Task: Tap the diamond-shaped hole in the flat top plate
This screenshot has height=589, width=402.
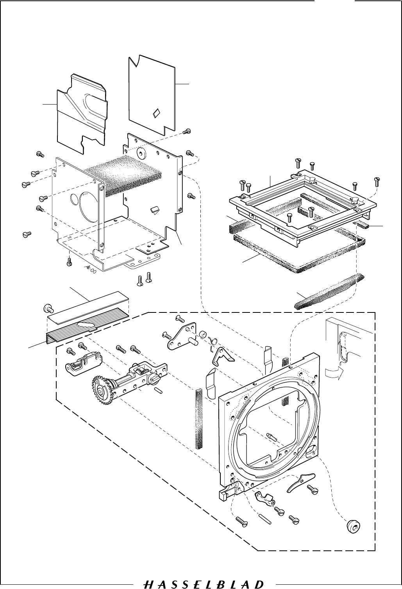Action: tap(156, 112)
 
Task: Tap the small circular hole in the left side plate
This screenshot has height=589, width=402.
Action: tap(75, 200)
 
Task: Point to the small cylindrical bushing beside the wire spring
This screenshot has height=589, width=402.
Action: tap(203, 335)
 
